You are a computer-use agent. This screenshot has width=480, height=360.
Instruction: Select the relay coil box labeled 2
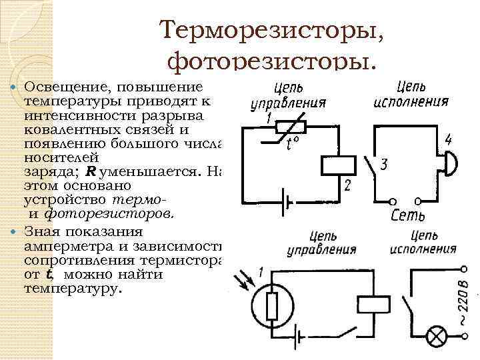coord(337,165)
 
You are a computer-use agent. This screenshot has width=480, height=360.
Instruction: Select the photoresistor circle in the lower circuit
coord(271,307)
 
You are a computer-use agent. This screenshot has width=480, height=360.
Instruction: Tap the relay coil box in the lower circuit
coord(373,304)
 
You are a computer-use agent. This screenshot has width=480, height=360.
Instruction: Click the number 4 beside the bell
coord(449,140)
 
